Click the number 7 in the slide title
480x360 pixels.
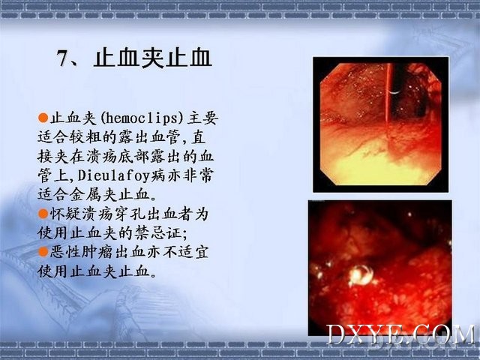(62, 58)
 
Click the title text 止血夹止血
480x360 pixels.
(153, 58)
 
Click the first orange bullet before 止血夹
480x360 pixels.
(43, 118)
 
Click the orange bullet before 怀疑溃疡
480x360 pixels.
(43, 213)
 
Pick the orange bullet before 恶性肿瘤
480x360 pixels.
(43, 252)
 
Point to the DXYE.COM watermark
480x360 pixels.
(400, 335)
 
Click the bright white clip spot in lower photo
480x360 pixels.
(361, 274)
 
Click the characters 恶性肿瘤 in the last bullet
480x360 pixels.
(82, 252)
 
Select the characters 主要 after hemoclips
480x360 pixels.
(202, 118)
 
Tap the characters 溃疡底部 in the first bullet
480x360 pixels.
(118, 156)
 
